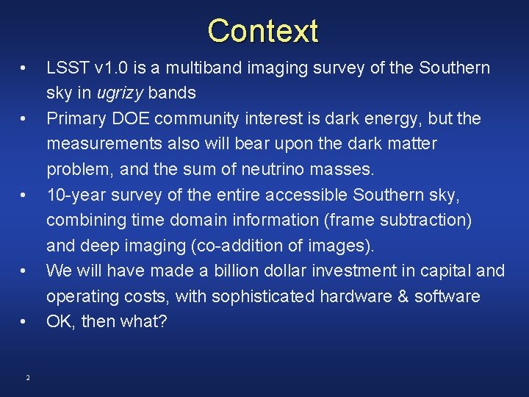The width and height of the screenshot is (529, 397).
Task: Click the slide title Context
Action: [263, 31]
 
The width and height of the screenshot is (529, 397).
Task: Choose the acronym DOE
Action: [140, 118]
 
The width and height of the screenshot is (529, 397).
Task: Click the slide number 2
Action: [27, 378]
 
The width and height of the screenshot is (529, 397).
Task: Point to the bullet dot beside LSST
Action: [24, 68]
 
